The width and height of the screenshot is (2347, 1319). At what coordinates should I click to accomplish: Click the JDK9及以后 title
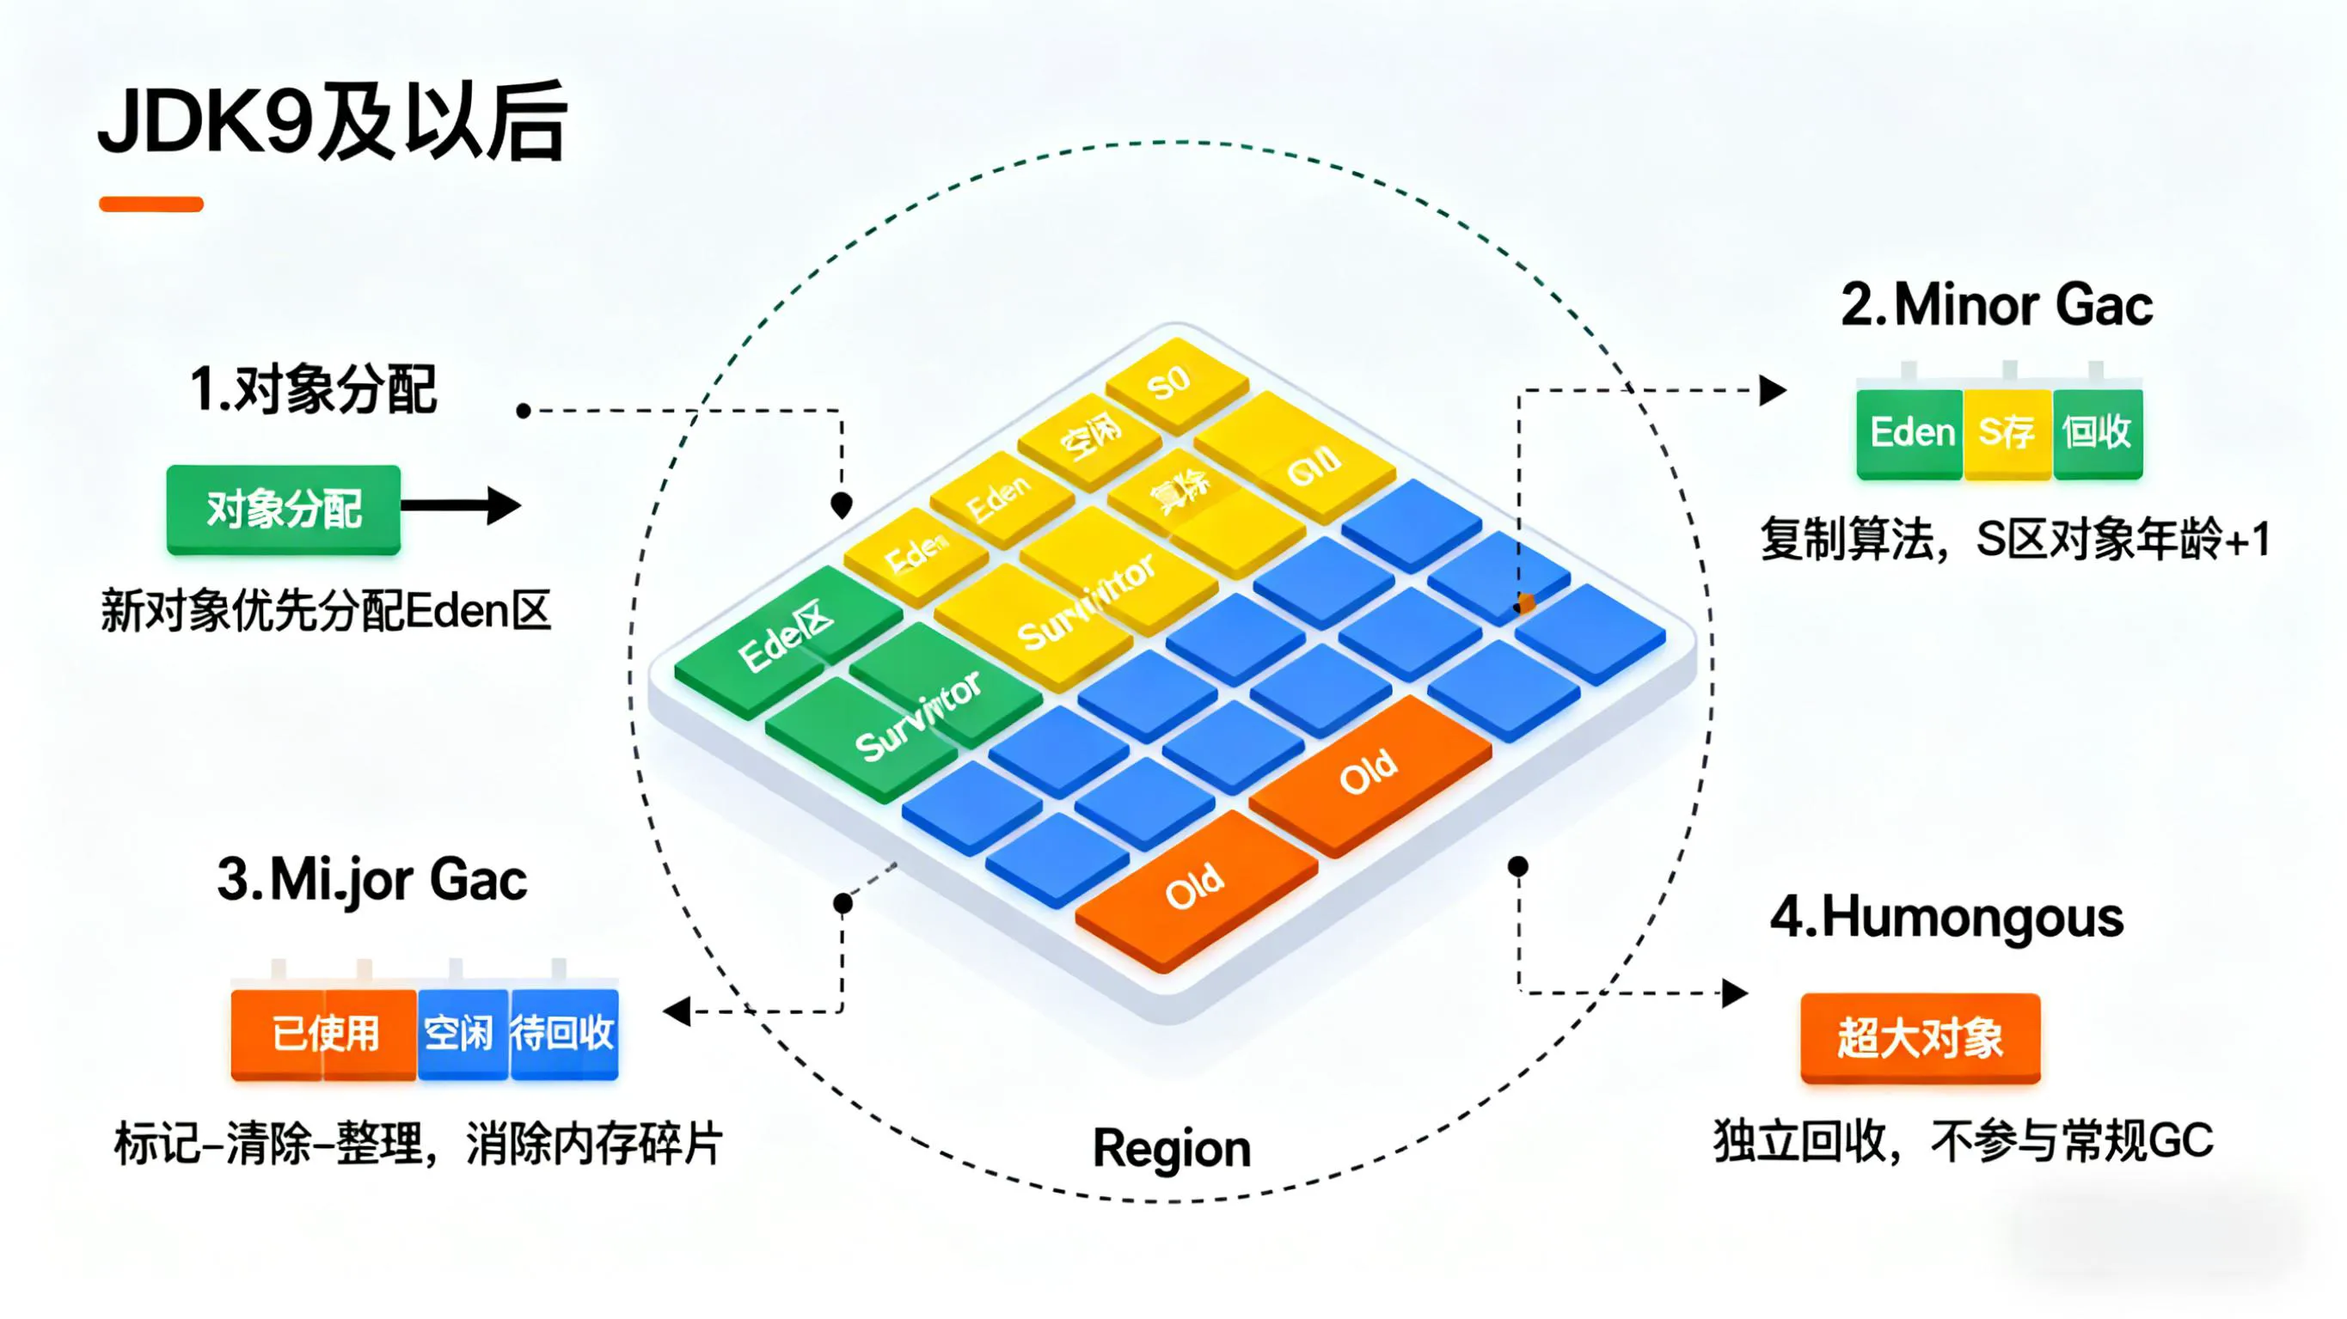tap(333, 122)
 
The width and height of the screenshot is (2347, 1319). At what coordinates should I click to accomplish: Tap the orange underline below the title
tap(151, 204)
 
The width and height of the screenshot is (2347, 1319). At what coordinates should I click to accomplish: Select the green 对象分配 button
tap(284, 509)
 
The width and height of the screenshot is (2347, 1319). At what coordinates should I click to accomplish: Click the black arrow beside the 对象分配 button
tap(461, 505)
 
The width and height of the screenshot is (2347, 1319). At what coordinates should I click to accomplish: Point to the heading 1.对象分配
tap(314, 390)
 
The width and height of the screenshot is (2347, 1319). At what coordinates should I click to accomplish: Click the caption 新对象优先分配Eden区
tap(325, 610)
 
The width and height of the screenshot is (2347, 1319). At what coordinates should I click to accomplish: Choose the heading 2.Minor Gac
tap(1996, 304)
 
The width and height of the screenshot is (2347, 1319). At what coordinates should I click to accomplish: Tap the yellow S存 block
tap(2007, 433)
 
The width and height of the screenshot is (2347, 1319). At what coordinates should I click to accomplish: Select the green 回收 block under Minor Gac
tap(2097, 433)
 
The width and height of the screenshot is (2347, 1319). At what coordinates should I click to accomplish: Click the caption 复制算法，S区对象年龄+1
tap(2014, 540)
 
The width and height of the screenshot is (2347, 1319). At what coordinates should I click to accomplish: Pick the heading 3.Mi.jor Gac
tap(371, 880)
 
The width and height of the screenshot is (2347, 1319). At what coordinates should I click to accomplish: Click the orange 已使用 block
tap(324, 1034)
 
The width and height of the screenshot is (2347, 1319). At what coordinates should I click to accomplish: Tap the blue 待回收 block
tap(564, 1034)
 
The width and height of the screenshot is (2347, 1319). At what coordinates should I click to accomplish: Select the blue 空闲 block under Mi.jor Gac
tap(462, 1034)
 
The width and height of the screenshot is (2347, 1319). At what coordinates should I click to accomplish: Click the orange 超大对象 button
tap(1920, 1037)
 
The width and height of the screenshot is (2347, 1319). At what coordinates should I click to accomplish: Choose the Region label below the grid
tap(1172, 1148)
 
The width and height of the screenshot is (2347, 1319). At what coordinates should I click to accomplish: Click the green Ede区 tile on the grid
tap(786, 638)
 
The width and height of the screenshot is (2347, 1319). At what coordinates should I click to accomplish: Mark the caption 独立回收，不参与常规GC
tap(1964, 1140)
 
